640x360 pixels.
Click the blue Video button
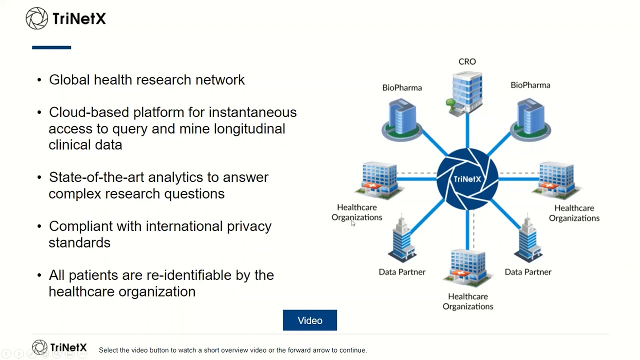click(309, 320)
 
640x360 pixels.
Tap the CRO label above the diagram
click(467, 61)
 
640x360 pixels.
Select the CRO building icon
click(465, 94)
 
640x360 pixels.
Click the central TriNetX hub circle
click(467, 179)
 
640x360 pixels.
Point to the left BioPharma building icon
click(402, 119)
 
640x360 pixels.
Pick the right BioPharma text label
click(530, 85)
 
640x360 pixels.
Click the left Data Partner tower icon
click(402, 238)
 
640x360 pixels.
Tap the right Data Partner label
click(528, 271)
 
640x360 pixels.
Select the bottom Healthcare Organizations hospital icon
click(467, 268)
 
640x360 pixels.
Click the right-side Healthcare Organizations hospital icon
click(556, 180)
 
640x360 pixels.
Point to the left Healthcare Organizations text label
click(357, 212)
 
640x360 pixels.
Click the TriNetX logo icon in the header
click(37, 18)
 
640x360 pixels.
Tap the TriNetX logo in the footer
click(59, 347)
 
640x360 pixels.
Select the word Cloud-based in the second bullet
click(89, 112)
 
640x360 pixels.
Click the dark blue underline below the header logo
click(51, 47)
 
